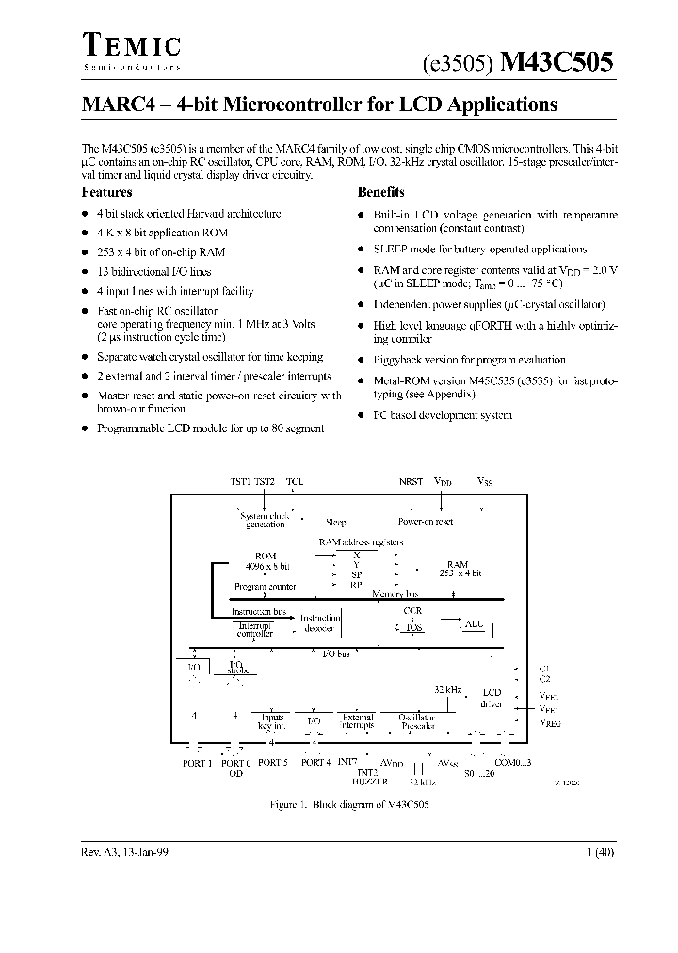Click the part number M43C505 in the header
[557, 63]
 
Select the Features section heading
[107, 192]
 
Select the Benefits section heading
[381, 192]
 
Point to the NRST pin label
[411, 481]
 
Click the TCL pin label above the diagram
[295, 481]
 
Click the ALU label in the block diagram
[474, 624]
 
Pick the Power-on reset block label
[425, 522]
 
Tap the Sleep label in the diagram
[335, 522]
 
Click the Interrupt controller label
[255, 629]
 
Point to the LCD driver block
[492, 698]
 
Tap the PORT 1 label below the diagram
[197, 763]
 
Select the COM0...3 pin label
[513, 763]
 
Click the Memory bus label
[395, 594]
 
